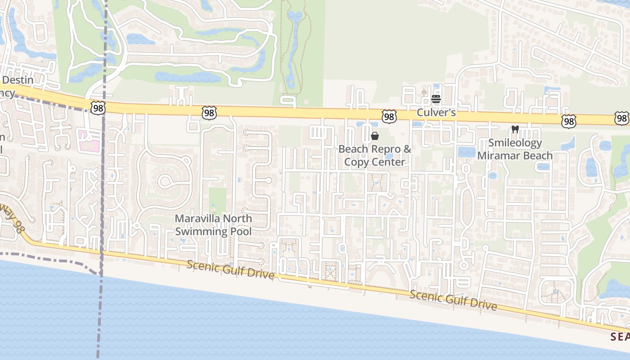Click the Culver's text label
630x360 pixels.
436,112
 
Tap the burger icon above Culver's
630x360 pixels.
436,99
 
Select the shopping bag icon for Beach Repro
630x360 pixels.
374,136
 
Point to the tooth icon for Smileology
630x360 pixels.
515,130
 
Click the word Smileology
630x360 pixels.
515,144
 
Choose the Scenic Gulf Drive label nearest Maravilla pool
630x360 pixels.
230,270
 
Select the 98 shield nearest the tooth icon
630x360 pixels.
568,121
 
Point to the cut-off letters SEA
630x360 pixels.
620,336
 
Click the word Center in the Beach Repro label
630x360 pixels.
390,162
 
